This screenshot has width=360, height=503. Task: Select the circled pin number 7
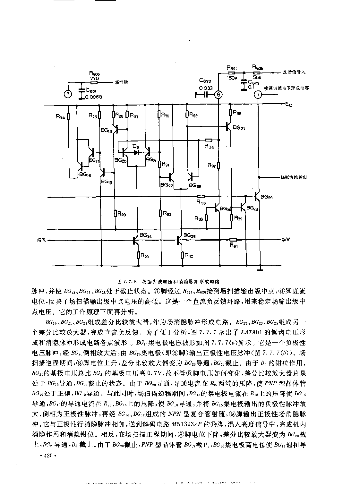258,94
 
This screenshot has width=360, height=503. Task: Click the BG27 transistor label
239,127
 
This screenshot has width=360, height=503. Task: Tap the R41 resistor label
233,245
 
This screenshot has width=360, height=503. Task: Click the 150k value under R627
232,77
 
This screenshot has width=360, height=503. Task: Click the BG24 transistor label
145,235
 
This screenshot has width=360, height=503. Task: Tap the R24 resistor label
60,117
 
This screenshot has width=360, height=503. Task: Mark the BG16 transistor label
85,175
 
